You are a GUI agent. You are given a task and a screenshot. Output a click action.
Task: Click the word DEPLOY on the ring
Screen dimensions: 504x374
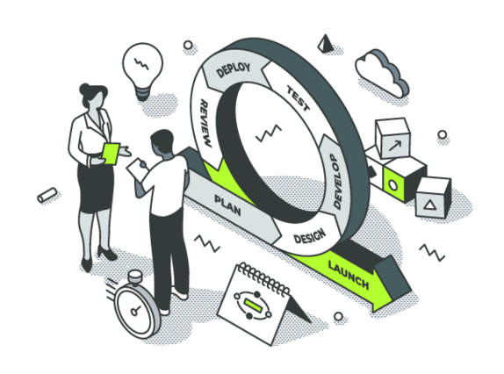click(x=234, y=70)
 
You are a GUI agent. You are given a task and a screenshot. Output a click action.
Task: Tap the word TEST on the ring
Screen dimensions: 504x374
click(x=299, y=99)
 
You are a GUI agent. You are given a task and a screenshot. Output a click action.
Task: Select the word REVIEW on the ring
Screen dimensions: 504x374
click(x=206, y=123)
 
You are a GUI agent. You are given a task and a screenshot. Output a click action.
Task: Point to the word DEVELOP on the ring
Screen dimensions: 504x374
click(x=337, y=181)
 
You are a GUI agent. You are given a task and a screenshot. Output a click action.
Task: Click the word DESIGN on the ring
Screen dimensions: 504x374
click(x=310, y=236)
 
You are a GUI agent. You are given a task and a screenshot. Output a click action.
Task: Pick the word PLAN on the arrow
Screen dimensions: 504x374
click(x=227, y=205)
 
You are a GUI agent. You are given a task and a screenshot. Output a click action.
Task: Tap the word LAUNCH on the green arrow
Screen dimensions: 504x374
click(x=349, y=275)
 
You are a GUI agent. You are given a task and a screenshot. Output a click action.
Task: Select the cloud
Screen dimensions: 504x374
click(x=383, y=73)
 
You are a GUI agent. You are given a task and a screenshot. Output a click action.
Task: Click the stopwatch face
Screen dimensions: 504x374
click(x=134, y=311)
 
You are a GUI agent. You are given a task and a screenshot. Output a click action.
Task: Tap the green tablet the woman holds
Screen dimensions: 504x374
click(x=111, y=154)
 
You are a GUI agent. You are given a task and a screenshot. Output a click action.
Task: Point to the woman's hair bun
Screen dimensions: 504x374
click(x=84, y=89)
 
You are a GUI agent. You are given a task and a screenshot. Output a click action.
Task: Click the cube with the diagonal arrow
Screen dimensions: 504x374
click(x=392, y=138)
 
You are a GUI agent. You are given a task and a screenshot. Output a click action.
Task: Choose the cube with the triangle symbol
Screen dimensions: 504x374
click(x=433, y=198)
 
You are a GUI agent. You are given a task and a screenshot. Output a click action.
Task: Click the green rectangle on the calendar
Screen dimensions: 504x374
click(x=253, y=305)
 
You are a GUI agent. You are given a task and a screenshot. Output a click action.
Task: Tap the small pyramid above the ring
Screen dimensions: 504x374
click(x=326, y=43)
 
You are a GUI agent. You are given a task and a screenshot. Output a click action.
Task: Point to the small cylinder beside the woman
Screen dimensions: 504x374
click(x=47, y=195)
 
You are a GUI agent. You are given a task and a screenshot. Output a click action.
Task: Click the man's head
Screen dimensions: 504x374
click(x=162, y=142)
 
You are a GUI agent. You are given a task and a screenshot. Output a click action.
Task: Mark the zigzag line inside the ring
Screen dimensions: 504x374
click(x=269, y=133)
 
